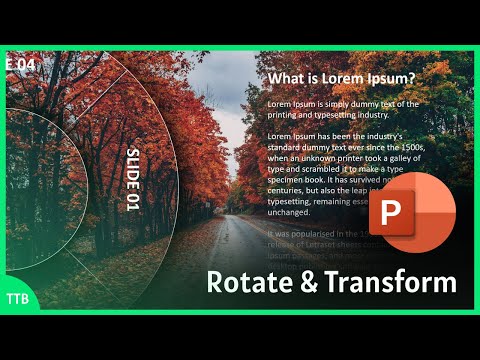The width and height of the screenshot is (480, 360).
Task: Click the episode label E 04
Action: (20, 63)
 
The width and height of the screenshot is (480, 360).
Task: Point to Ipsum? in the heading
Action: (390, 78)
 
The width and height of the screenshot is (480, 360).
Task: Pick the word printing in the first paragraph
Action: (291, 115)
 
